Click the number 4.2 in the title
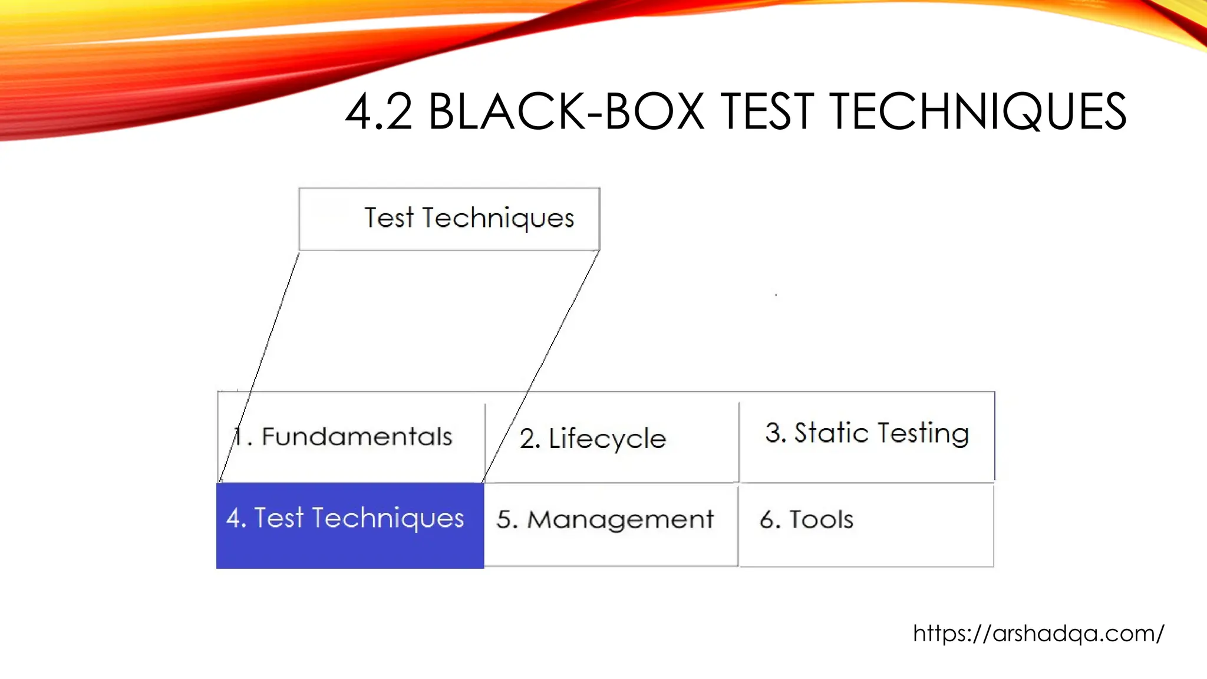click(x=378, y=112)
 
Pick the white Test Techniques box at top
click(x=449, y=219)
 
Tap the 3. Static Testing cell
click(x=866, y=436)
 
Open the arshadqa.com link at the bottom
click(x=1038, y=634)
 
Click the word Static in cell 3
click(x=831, y=433)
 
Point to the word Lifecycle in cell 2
click(x=607, y=439)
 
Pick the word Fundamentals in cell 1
click(x=357, y=437)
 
